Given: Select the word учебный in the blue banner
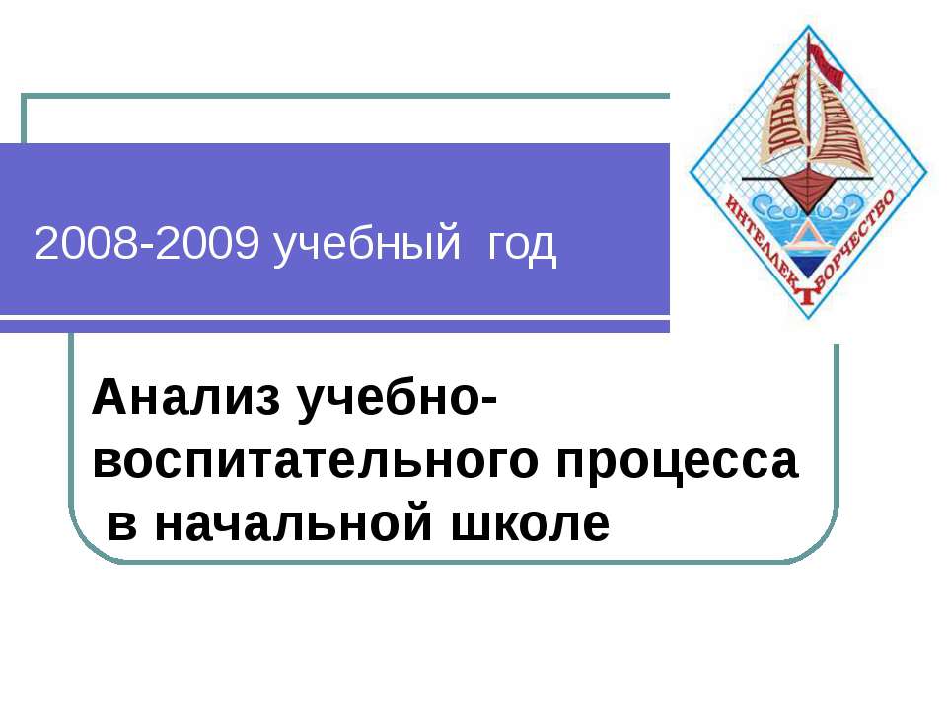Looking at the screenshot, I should pos(367,247).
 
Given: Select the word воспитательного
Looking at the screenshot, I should pos(314,462).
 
